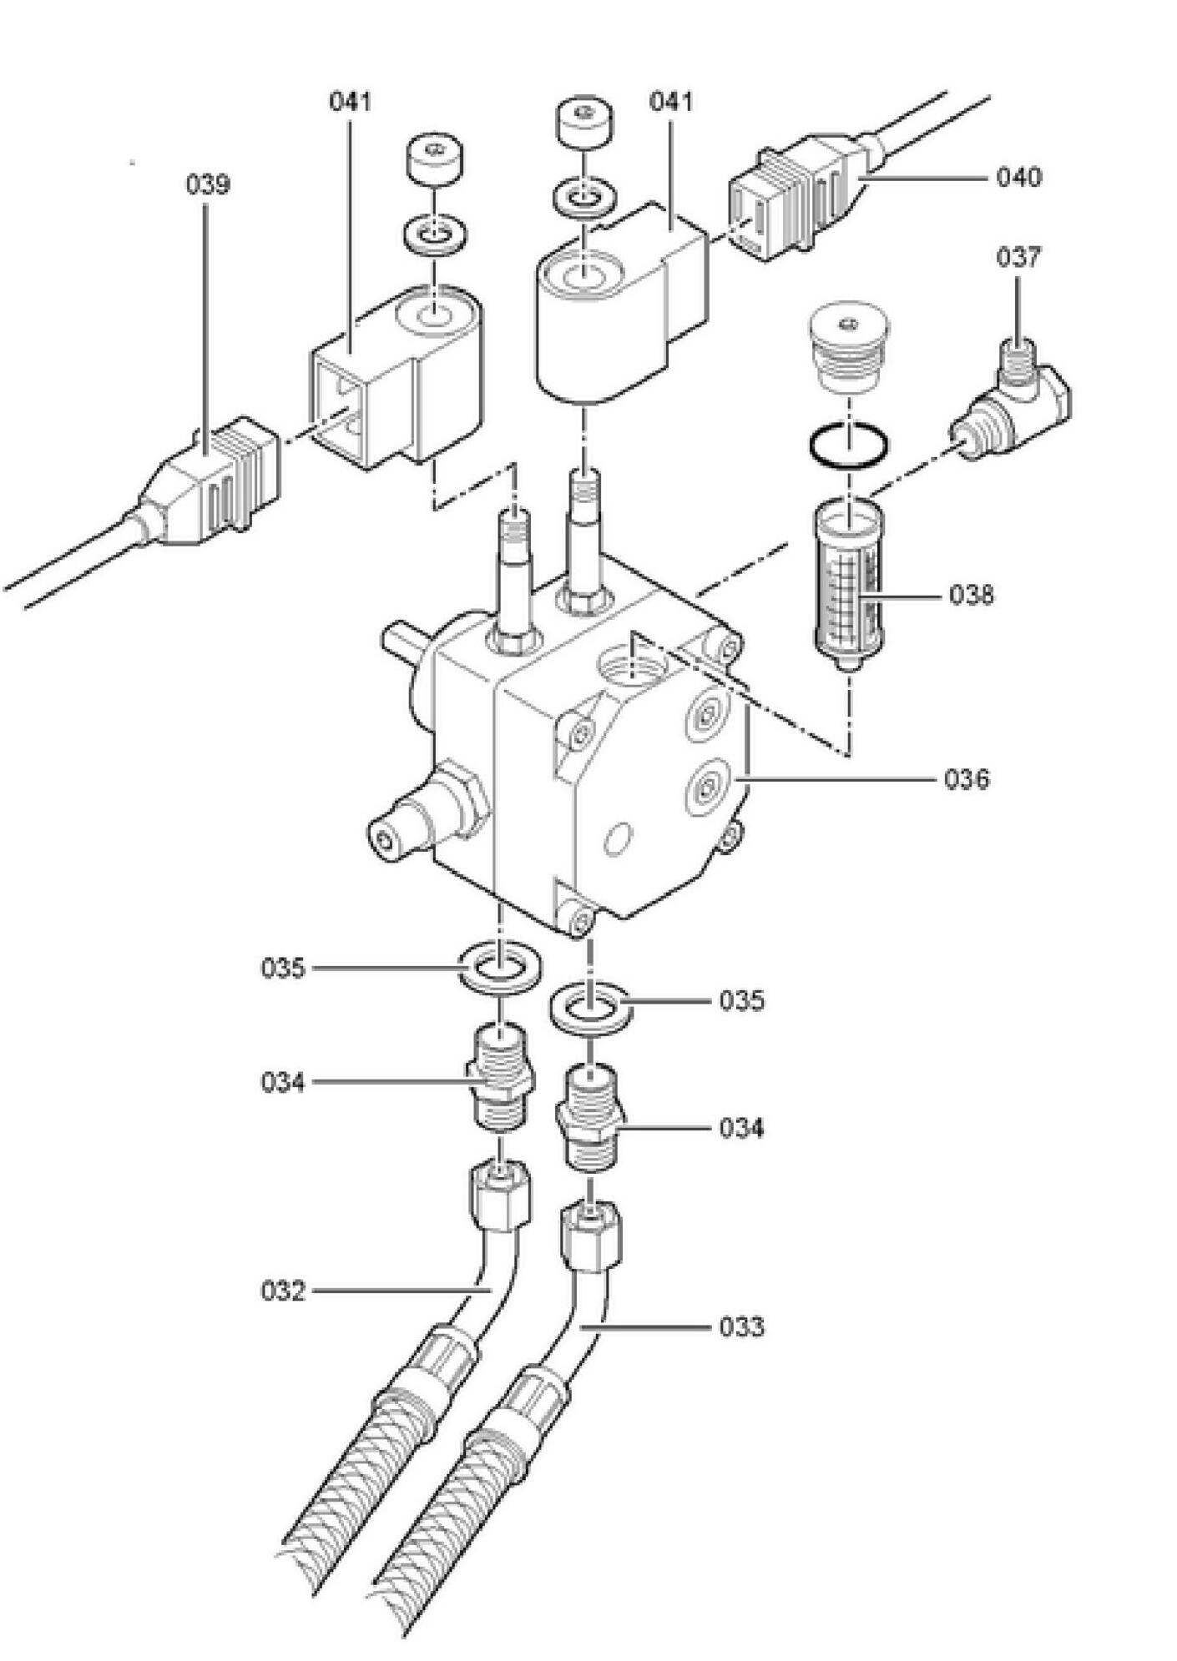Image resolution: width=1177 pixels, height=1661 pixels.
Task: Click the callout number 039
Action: (x=207, y=184)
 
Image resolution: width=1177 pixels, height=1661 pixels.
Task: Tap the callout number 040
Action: (x=1018, y=178)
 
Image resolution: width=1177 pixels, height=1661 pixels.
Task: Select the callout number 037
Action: (x=1018, y=258)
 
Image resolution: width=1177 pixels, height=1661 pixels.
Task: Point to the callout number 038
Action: (x=972, y=596)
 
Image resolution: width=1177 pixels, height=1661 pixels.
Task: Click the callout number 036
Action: (x=967, y=780)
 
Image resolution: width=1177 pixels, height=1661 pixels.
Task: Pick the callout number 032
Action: (x=283, y=1291)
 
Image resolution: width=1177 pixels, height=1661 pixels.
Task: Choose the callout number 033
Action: (x=741, y=1326)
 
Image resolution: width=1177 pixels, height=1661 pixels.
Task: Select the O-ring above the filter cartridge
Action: (x=848, y=447)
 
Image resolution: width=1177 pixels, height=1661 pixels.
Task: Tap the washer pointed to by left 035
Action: (x=499, y=968)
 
